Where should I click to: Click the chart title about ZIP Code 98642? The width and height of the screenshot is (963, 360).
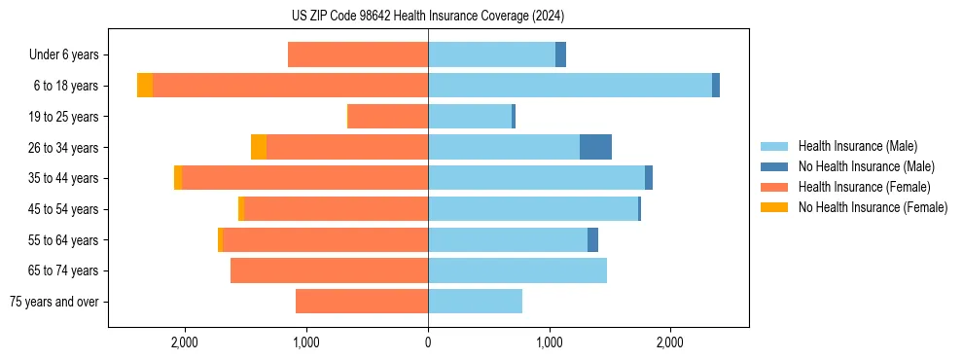428,17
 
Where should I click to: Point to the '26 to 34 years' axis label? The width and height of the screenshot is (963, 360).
64,148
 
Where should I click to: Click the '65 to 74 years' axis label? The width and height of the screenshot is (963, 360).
64,270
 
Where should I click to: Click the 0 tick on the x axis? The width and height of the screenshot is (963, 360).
428,342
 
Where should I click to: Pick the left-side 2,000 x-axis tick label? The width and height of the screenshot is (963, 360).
185,342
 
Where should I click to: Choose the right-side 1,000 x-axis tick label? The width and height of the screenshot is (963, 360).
550,342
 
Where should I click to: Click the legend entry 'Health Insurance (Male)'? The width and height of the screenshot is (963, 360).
857,146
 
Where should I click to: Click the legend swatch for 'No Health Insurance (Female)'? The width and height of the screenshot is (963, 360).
775,207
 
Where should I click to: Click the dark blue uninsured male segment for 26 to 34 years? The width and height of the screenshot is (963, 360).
595,147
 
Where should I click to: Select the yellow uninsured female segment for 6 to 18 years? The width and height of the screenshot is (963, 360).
145,86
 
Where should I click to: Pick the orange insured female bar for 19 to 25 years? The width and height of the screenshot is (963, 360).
388,117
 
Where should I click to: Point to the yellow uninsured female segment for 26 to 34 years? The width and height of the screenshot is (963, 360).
259,147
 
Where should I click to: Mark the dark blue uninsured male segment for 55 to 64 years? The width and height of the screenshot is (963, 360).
592,239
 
